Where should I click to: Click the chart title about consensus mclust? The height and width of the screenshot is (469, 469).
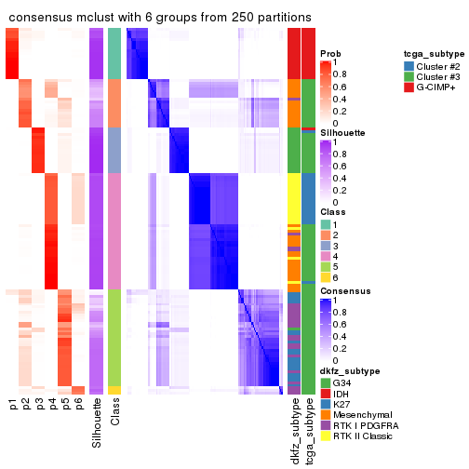point(160,18)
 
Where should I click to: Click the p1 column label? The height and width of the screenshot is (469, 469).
point(13,405)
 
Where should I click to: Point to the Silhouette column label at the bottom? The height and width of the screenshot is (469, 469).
point(97,423)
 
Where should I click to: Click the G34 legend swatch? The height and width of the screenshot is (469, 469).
point(326,383)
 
